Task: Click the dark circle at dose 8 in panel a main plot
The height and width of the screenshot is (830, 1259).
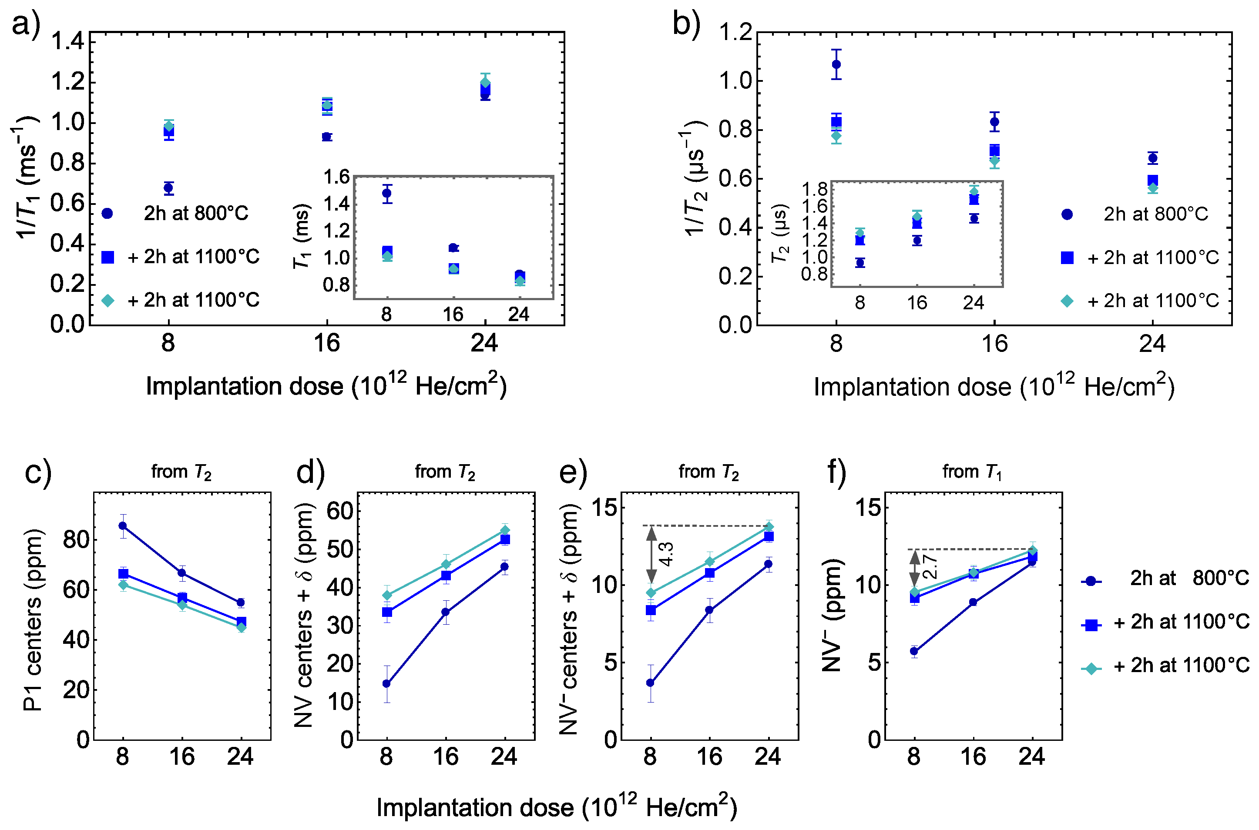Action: (x=168, y=188)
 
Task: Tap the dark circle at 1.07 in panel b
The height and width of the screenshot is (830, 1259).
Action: (x=836, y=64)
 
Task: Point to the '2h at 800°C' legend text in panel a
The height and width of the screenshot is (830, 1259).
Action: (x=196, y=213)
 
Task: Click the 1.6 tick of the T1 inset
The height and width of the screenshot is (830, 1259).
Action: (x=336, y=177)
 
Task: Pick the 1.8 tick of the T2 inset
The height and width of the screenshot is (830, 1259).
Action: (x=814, y=189)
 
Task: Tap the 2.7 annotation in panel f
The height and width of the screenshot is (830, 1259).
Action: (x=930, y=567)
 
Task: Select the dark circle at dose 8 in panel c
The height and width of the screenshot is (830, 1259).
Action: (x=123, y=525)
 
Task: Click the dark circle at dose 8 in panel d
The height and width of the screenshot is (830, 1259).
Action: (x=386, y=684)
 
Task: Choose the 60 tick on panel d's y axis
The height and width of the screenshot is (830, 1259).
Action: (x=339, y=511)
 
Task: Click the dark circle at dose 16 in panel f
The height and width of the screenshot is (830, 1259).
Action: (x=973, y=602)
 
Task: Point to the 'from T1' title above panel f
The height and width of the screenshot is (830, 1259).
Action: (x=972, y=472)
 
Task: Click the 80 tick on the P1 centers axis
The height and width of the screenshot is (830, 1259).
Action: (x=75, y=540)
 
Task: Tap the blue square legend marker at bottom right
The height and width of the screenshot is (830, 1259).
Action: (x=1091, y=625)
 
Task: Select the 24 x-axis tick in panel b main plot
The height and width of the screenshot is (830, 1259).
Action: (x=1152, y=344)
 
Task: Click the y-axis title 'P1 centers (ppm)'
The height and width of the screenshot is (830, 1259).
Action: (x=33, y=619)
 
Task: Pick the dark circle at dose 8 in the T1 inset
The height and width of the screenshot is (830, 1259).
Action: (x=387, y=193)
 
